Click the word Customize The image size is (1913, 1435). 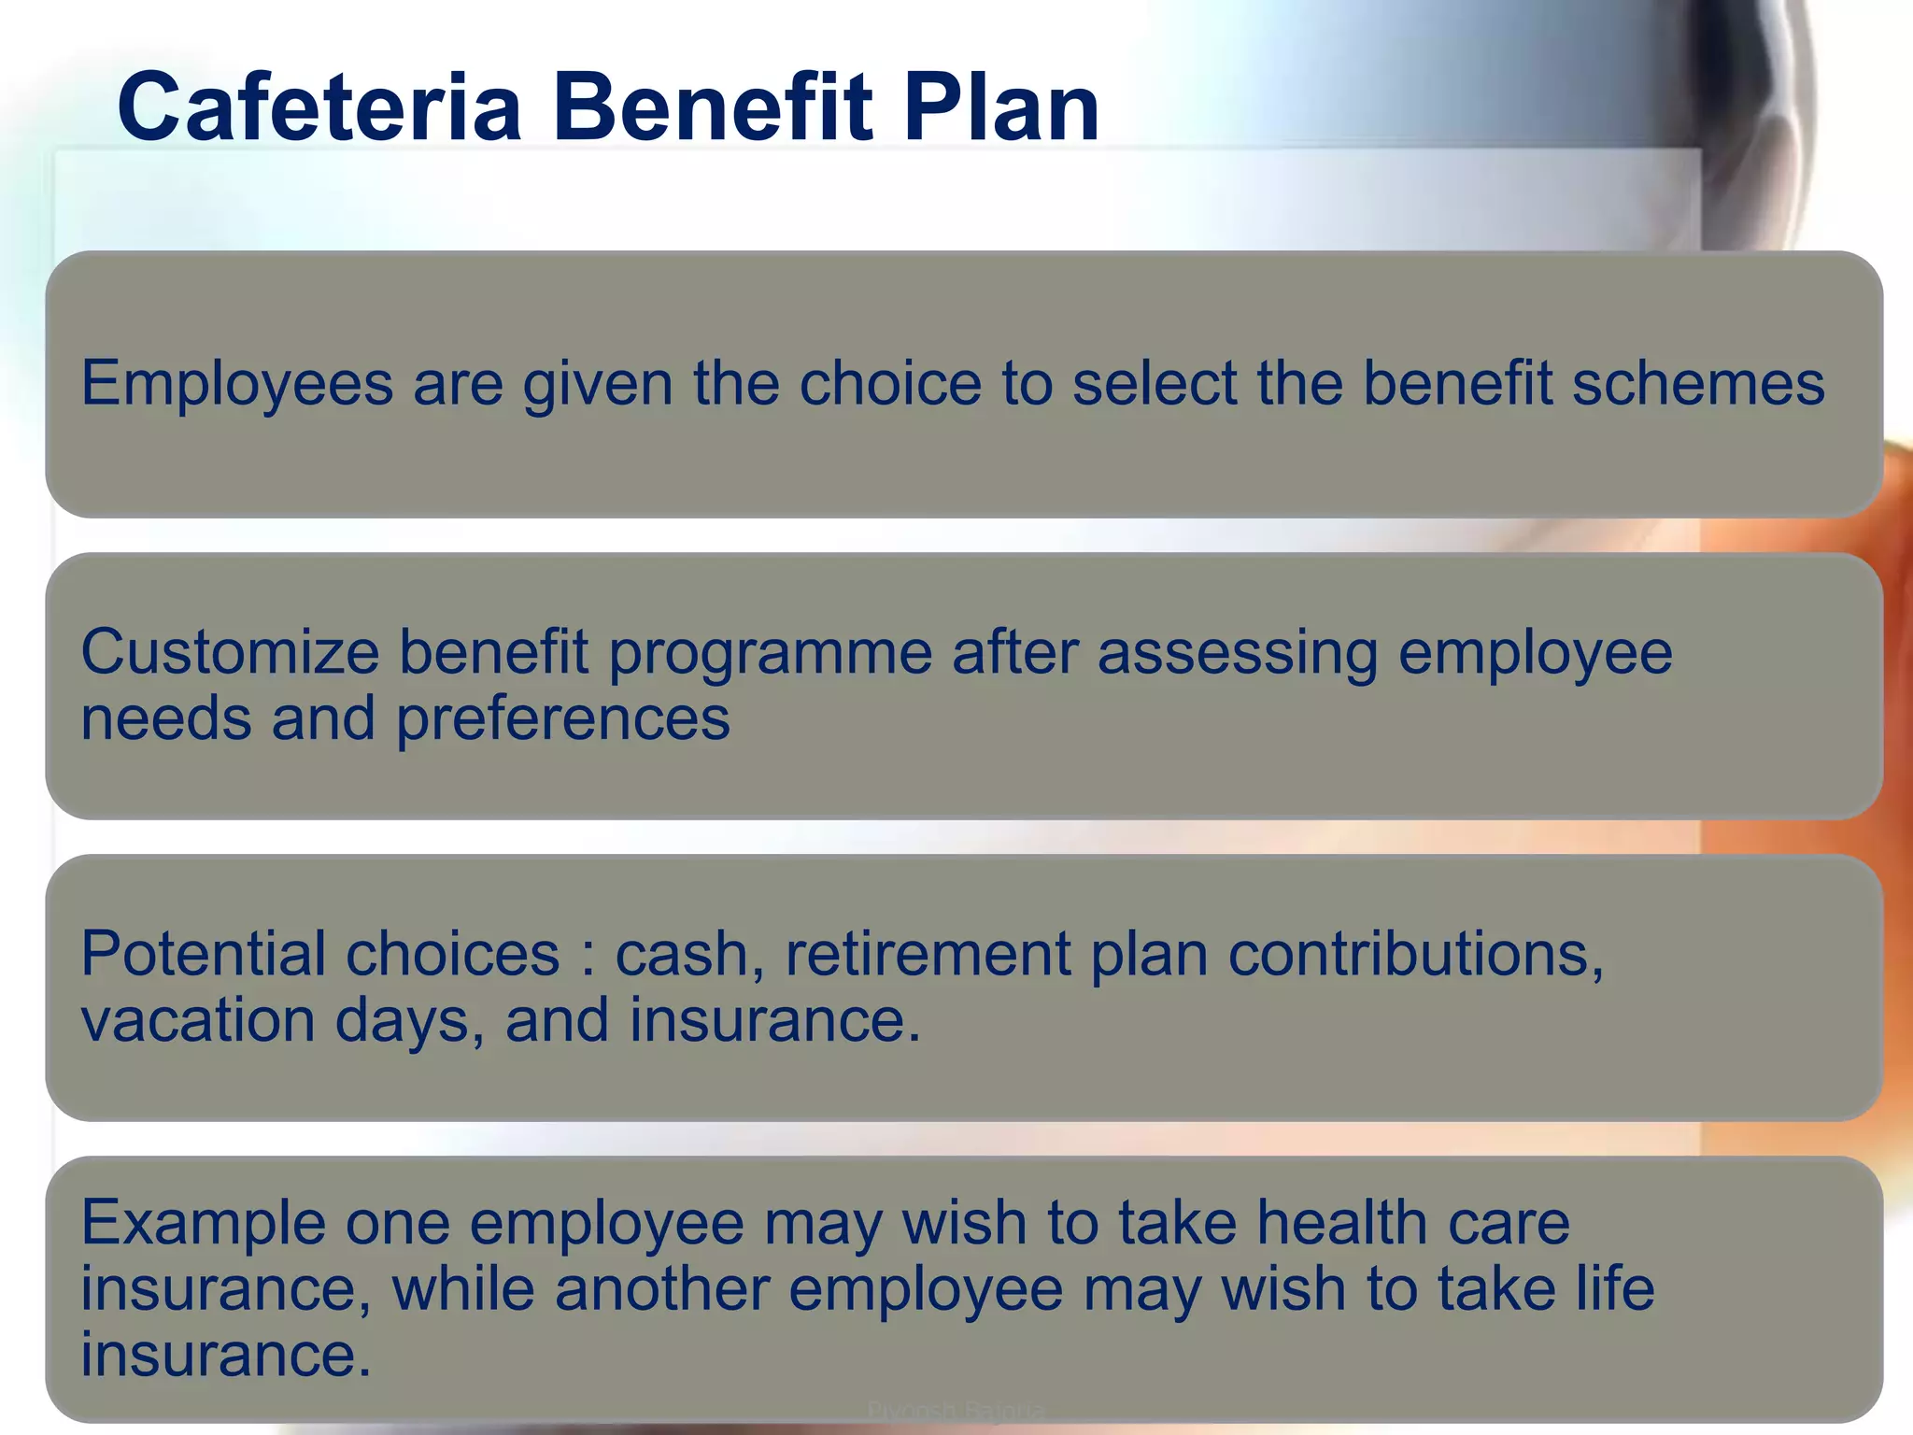point(230,652)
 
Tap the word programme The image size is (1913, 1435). point(771,654)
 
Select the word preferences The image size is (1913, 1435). point(562,719)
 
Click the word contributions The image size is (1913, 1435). point(1415,954)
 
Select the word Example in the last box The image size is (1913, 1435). point(203,1223)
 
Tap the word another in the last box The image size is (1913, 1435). point(662,1289)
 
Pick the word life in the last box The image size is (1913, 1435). point(1615,1289)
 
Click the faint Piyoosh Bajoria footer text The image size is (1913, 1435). point(956,1410)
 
